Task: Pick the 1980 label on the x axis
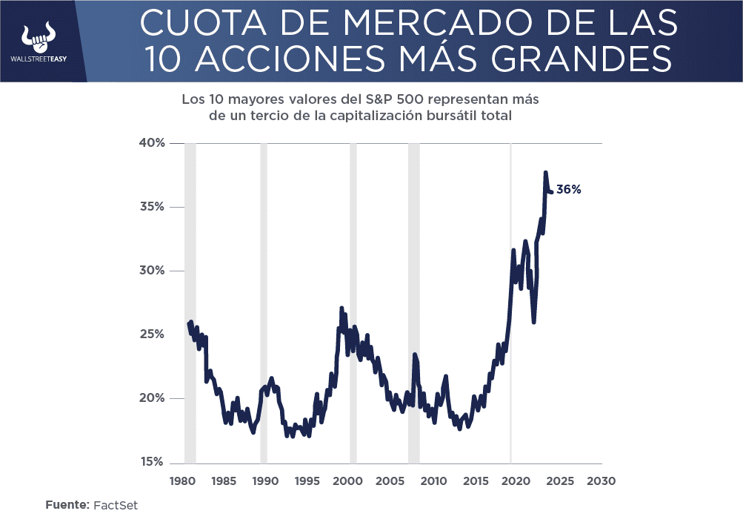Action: (x=182, y=481)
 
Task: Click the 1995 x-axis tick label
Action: (x=307, y=481)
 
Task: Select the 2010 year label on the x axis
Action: (x=433, y=481)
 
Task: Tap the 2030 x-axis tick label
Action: (x=601, y=481)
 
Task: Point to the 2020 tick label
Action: (x=517, y=481)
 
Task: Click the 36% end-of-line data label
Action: (x=569, y=190)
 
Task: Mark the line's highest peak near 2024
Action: (x=545, y=173)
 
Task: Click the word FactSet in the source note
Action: (x=116, y=505)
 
